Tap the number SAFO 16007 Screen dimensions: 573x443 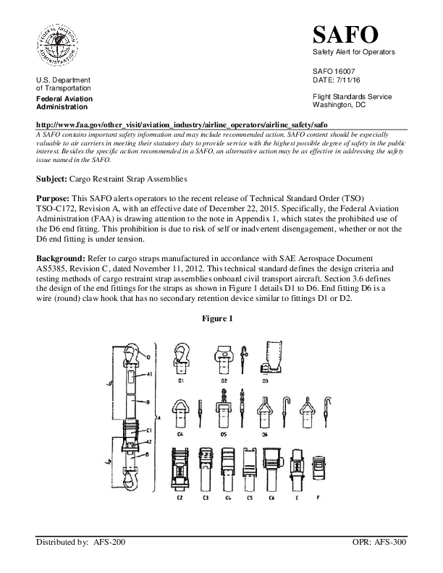pyautogui.click(x=334, y=72)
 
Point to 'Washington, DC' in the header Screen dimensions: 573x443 pyautogui.click(x=339, y=105)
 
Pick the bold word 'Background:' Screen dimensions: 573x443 pyautogui.click(x=62, y=258)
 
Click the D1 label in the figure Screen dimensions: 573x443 pyautogui.click(x=181, y=379)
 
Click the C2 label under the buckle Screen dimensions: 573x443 pyautogui.click(x=179, y=498)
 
